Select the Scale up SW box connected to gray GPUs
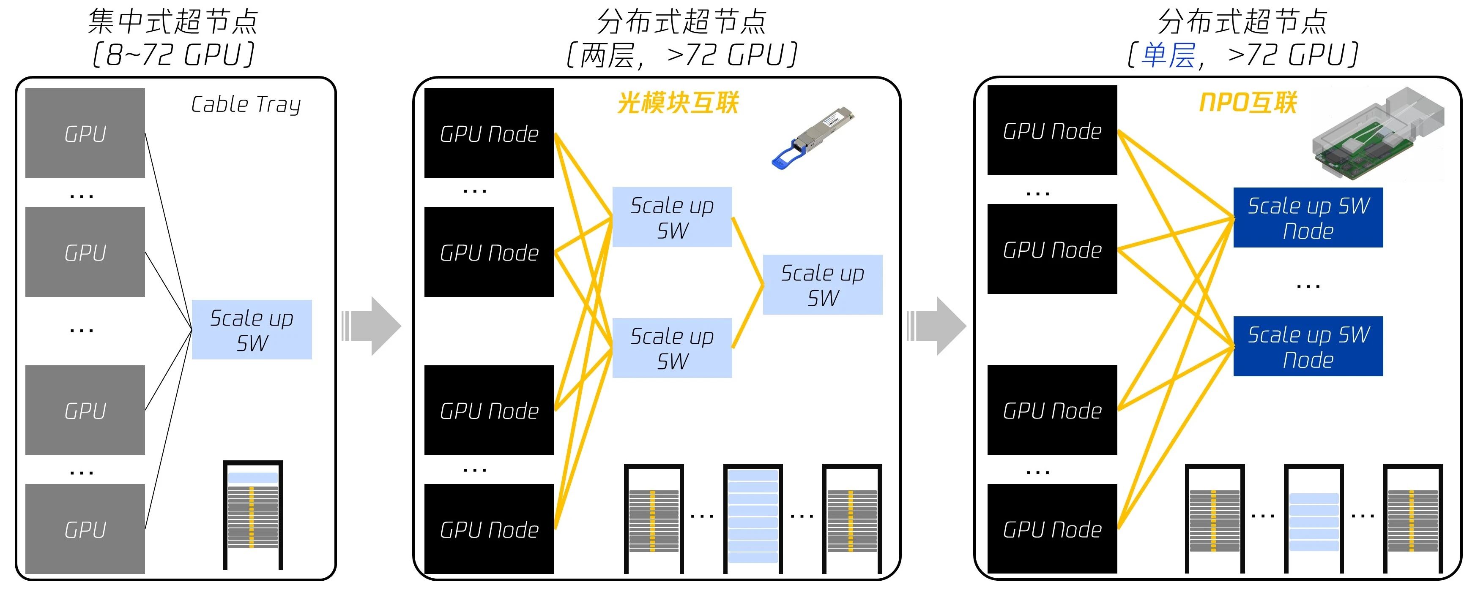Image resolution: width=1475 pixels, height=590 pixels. [x=252, y=329]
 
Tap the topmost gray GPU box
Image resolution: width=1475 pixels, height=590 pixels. [x=85, y=133]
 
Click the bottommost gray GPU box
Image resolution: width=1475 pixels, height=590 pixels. [x=85, y=529]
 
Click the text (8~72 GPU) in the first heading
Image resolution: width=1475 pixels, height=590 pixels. [x=173, y=55]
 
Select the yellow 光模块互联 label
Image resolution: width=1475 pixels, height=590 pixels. [x=677, y=103]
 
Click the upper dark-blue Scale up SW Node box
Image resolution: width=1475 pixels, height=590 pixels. [x=1308, y=218]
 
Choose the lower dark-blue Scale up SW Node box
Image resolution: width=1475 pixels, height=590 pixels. [x=1308, y=346]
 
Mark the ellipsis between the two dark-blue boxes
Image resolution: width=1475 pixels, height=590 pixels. [x=1308, y=284]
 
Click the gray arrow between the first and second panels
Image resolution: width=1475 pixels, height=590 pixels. [x=372, y=326]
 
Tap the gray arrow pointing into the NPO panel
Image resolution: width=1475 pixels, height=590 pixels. [x=937, y=326]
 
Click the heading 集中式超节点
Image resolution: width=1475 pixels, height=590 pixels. [x=173, y=22]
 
